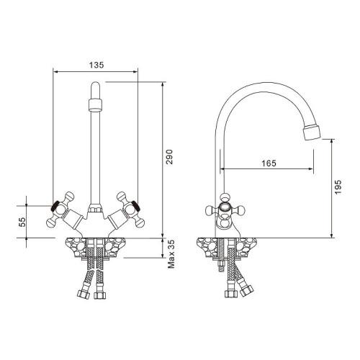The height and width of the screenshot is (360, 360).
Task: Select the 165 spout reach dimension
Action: click(268, 163)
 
